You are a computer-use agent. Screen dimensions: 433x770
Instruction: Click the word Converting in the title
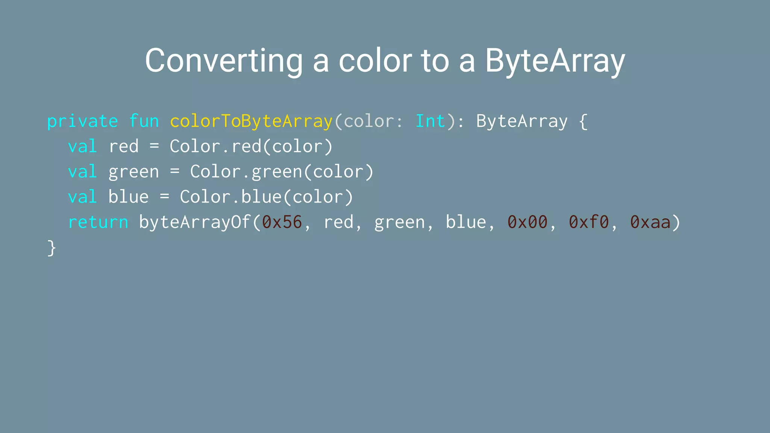[x=224, y=61]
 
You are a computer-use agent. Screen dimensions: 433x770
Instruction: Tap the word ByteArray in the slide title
[x=555, y=61]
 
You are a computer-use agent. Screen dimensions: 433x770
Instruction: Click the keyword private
[x=82, y=121]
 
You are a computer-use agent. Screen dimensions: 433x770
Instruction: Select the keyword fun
[x=144, y=121]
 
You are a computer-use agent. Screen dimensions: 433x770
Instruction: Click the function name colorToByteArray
[x=251, y=121]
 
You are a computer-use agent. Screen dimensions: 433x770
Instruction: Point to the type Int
[x=430, y=121]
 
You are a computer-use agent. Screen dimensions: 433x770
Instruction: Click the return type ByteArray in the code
[x=522, y=121]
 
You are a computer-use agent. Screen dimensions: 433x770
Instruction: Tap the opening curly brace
[x=583, y=121]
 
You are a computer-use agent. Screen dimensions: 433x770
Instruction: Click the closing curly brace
[x=52, y=248]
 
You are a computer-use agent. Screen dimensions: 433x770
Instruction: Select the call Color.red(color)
[x=251, y=147]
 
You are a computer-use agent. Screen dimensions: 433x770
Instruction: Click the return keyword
[x=98, y=223]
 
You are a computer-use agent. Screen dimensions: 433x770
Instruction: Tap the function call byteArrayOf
[x=195, y=223]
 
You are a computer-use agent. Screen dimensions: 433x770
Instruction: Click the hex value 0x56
[x=282, y=223]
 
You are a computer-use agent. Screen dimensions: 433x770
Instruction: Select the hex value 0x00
[x=527, y=223]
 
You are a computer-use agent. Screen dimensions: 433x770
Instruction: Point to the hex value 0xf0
[x=589, y=223]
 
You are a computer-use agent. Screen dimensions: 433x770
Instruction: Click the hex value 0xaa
[x=650, y=223]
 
